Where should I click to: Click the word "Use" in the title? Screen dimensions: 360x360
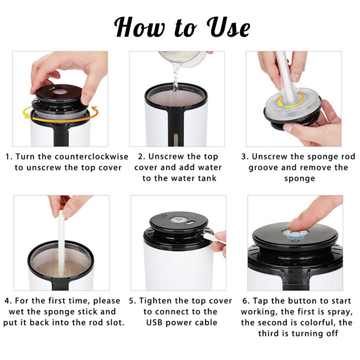coord(228,27)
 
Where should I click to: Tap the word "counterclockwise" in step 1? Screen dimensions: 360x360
coord(91,156)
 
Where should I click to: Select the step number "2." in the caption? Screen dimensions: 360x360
coord(142,156)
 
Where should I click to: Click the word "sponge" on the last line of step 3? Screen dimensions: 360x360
coord(300,179)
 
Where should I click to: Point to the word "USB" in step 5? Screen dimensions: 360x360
coord(154,322)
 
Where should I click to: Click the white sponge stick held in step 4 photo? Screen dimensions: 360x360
coord(61,243)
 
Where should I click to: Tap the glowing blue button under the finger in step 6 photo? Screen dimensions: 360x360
coord(295,235)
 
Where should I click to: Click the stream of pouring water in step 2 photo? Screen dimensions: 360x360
coord(176,78)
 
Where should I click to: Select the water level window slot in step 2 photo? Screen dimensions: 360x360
coord(176,139)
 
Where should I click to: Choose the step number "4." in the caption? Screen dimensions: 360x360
coord(8,301)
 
